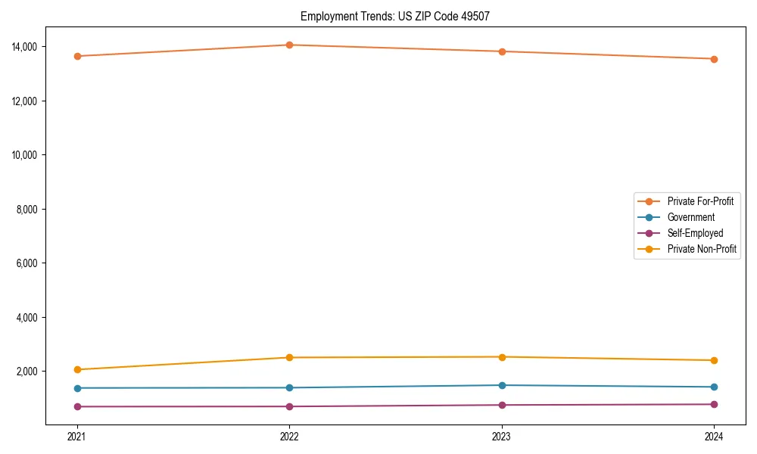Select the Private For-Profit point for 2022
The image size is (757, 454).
289,45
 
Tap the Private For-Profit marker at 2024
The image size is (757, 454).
714,59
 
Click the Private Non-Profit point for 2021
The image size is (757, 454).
76,369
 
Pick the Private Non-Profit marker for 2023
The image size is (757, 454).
501,357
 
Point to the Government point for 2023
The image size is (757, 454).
501,385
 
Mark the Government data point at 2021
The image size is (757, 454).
76,388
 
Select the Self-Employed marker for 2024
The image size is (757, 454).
714,404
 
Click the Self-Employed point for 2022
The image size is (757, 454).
289,406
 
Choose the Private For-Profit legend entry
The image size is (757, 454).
699,201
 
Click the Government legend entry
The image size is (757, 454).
690,217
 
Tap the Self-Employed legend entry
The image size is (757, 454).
695,233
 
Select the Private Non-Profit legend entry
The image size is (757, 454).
702,249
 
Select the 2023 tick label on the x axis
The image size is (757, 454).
501,436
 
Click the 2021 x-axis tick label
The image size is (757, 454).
76,436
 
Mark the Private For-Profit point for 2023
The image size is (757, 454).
501,51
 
